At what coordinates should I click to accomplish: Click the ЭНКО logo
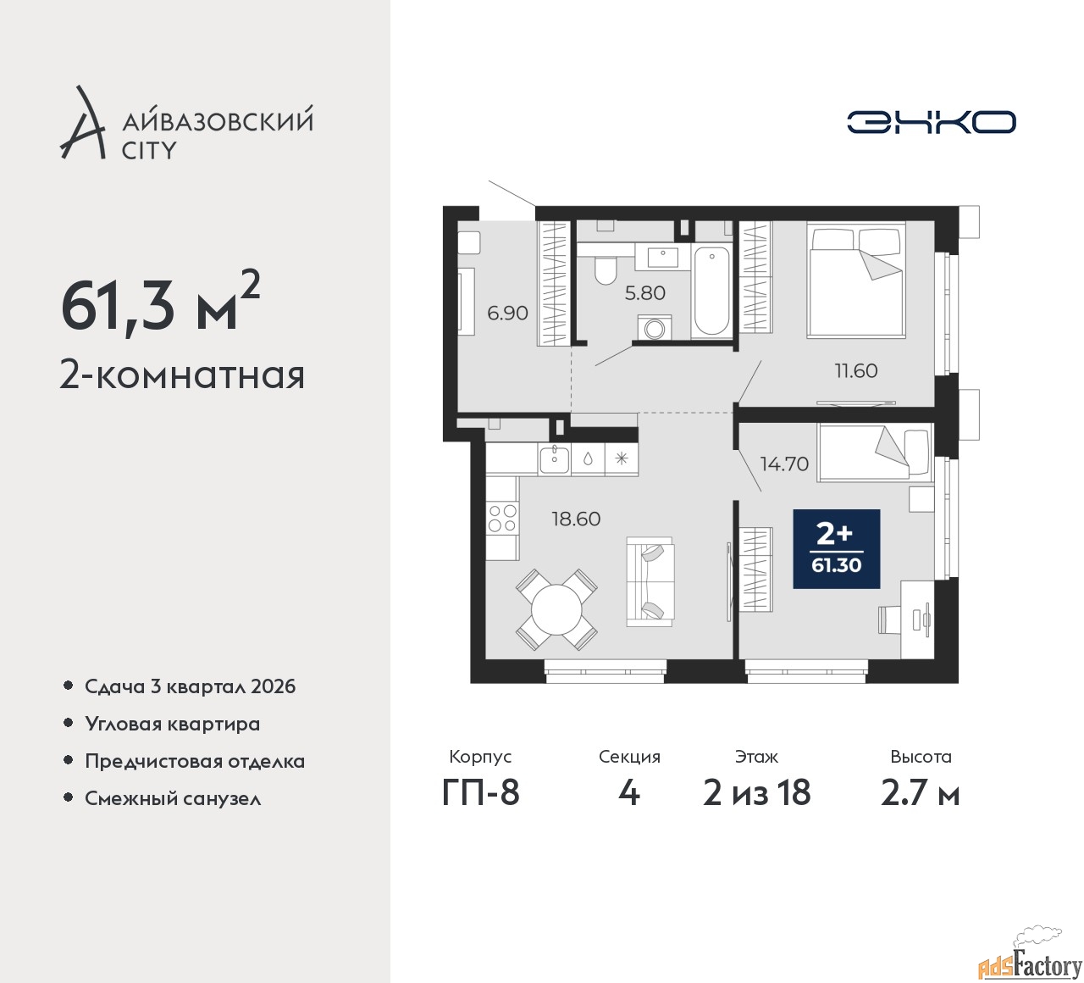coord(931,122)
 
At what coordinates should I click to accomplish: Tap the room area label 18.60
coord(576,519)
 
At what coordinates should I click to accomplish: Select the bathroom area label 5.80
coord(644,293)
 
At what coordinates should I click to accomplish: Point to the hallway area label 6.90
coord(507,313)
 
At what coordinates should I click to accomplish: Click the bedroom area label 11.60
coord(856,371)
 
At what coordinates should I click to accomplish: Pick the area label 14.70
coord(785,464)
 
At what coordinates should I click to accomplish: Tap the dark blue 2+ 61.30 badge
coord(837,549)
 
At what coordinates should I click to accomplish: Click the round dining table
coord(556,610)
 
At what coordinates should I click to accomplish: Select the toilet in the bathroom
coord(604,271)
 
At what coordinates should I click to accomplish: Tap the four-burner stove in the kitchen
coord(502,518)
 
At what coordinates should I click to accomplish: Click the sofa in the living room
coord(650,582)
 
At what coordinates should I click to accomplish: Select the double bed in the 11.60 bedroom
coord(856,280)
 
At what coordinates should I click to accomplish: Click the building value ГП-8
coord(480,793)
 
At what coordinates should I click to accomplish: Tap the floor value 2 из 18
coord(756,793)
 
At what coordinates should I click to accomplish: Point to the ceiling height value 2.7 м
coord(921,794)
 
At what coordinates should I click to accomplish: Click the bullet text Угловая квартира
coord(173,724)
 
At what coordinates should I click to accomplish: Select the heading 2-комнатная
coord(183,375)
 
